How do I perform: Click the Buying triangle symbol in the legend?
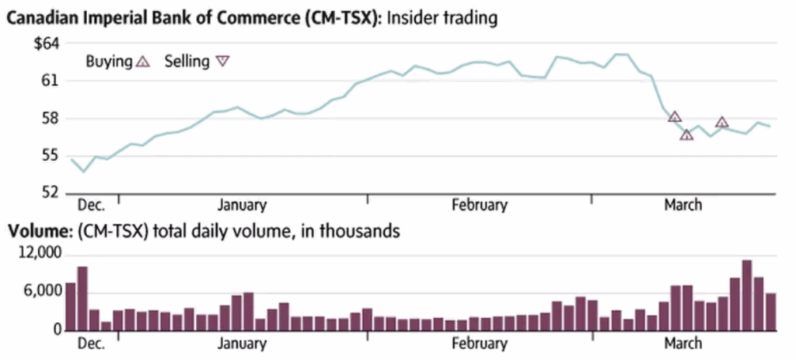point(141,61)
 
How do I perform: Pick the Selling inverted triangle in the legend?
point(222,61)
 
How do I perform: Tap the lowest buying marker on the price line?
point(686,135)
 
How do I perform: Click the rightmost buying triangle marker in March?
point(722,122)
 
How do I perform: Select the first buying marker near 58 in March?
point(675,117)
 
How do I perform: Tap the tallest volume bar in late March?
point(747,295)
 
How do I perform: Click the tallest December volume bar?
point(82,299)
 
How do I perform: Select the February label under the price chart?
point(480,205)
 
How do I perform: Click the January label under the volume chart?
point(242,343)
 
